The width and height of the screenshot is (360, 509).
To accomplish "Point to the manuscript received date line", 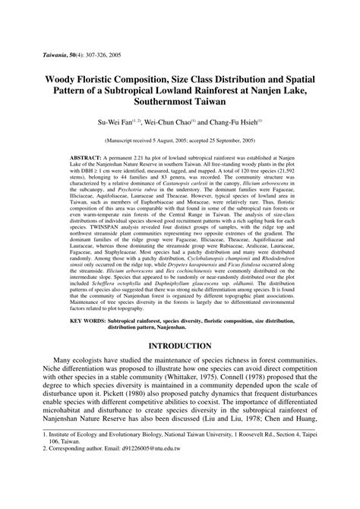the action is pyautogui.click(x=179, y=141).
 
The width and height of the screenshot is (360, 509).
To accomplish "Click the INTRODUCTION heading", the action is pyautogui.click(x=179, y=346).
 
